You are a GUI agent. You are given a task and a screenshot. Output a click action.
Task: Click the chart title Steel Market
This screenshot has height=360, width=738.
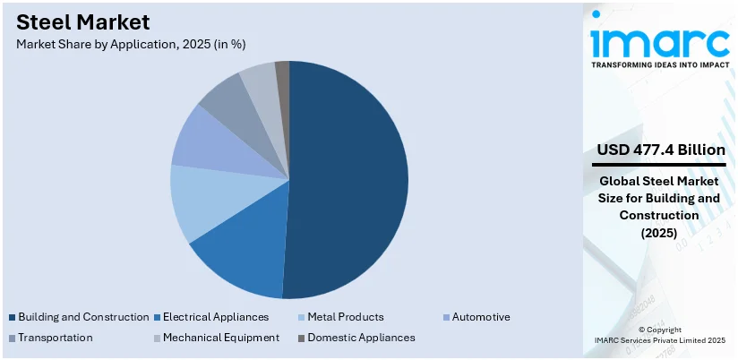[x=83, y=21]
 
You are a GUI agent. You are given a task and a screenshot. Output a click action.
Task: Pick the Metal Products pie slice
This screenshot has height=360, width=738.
[x=202, y=201]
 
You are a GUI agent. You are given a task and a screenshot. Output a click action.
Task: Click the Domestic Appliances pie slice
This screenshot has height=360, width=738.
[x=281, y=72]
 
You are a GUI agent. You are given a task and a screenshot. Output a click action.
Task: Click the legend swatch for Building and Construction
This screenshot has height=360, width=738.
[x=12, y=317]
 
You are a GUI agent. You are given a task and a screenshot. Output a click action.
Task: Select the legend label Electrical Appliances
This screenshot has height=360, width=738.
[x=215, y=317]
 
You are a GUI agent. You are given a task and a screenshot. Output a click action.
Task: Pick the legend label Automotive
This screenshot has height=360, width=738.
[x=481, y=317]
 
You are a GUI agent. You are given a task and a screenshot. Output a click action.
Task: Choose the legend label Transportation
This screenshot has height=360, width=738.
[x=55, y=338]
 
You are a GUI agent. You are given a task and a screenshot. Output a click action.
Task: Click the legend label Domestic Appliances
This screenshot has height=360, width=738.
[x=361, y=338]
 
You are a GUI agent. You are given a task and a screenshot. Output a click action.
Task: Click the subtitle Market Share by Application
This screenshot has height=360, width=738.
[x=130, y=43]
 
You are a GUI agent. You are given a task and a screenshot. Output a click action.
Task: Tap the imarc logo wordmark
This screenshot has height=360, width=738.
[x=659, y=40]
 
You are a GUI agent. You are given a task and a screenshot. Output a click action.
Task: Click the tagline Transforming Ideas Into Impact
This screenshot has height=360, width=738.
[x=659, y=64]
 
